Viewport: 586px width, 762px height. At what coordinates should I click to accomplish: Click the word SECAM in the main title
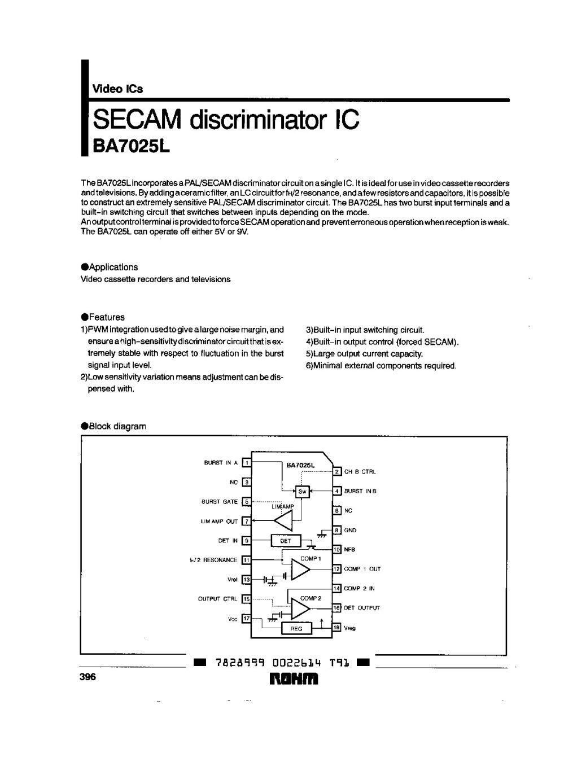coord(137,119)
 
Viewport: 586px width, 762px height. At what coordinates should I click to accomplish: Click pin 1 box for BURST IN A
coord(246,463)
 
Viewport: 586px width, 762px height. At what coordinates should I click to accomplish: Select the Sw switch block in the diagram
coord(302,491)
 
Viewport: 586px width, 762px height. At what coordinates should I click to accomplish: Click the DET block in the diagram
coord(286,541)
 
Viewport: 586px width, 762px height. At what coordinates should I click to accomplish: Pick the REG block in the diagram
coord(296,628)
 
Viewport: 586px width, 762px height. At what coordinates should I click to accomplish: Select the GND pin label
coord(350,530)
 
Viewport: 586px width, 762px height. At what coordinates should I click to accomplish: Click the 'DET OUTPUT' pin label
coord(362,608)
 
